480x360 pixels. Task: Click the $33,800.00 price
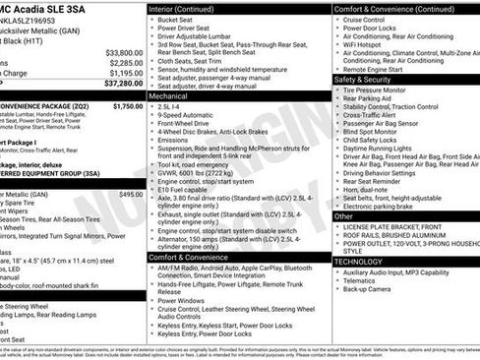tap(124, 51)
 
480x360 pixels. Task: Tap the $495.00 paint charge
tap(131, 194)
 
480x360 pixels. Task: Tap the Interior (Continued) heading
tap(189, 8)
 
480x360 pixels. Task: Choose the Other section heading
tap(344, 215)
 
